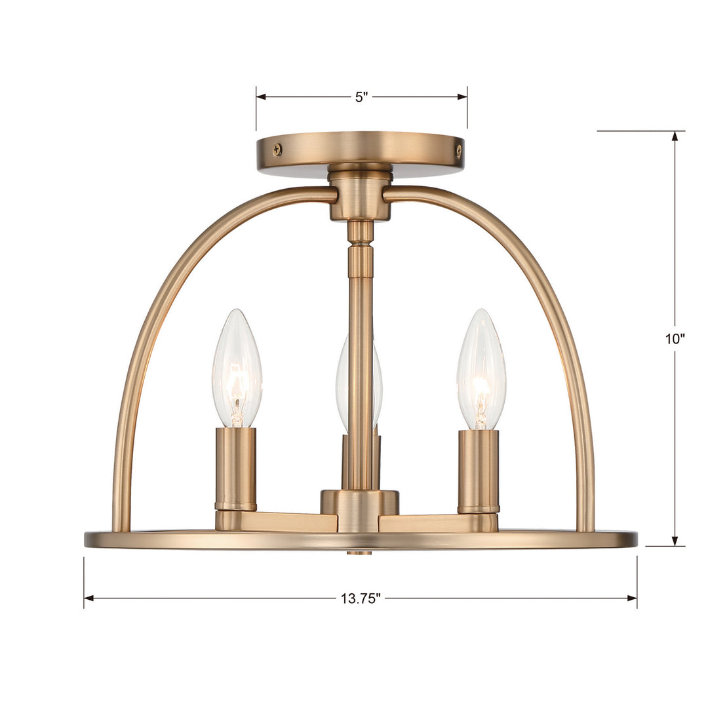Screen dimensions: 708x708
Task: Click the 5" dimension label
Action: [x=362, y=97]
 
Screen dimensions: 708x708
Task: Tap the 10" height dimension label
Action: [x=675, y=339]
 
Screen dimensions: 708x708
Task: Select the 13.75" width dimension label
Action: [x=361, y=598]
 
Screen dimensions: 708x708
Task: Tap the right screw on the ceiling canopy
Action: [x=458, y=150]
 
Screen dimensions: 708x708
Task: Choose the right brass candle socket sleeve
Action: [x=478, y=470]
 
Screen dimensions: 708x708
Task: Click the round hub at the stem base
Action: [x=359, y=502]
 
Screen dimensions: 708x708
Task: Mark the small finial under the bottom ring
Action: [x=359, y=552]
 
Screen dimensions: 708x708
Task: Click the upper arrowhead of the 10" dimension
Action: [x=675, y=136]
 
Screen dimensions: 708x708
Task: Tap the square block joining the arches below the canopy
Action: [x=360, y=197]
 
